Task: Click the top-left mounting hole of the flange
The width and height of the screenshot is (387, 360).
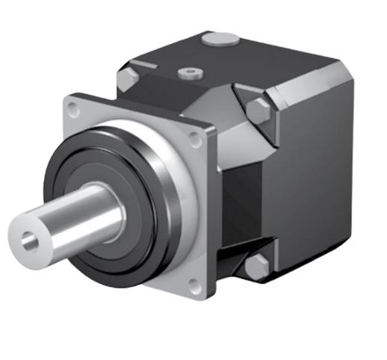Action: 73,109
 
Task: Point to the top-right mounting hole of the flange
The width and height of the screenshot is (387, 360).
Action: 196,140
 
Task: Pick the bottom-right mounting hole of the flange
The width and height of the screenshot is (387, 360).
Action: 194,285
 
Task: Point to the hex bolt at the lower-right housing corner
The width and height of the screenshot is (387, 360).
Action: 258,266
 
